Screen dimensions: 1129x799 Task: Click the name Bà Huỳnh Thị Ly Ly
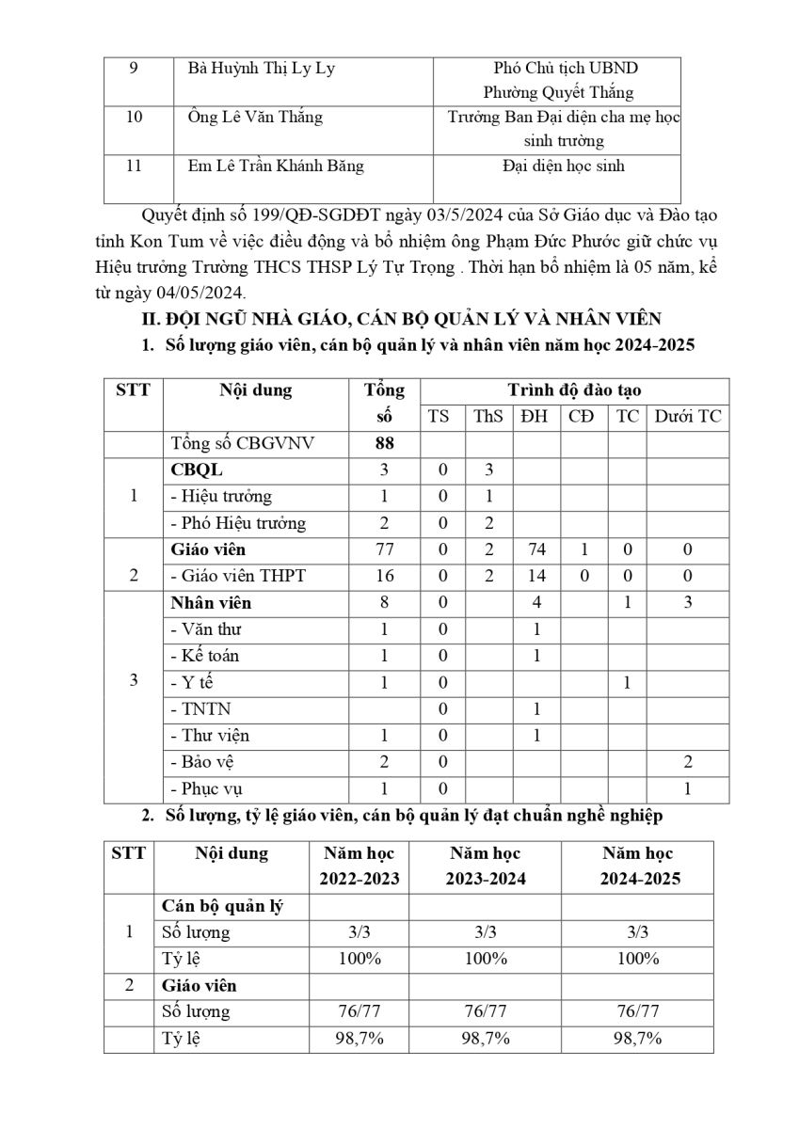262,69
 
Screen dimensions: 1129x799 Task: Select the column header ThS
488,417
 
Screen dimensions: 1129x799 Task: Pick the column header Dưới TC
687,417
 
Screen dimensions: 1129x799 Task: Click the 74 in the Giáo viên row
535,549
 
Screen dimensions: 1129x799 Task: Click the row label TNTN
200,708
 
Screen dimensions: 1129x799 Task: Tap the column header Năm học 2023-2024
485,867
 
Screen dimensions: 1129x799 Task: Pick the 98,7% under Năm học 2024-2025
637,1039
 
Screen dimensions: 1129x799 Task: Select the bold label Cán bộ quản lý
223,906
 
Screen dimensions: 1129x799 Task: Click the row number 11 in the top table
134,167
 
